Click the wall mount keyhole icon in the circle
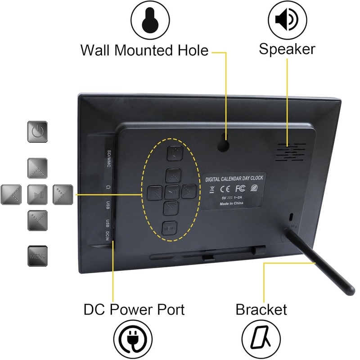pos(150,20)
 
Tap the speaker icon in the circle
pos(287,20)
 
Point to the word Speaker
pos(287,49)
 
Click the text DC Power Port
pos(134,310)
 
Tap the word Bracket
pos(261,310)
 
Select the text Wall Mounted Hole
pos(144,50)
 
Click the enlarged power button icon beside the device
pos(38,131)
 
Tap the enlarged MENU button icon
pos(38,256)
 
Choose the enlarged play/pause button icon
pos(38,194)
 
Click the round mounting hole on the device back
pos(224,144)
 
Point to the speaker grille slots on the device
pos(290,153)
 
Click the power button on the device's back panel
pos(174,153)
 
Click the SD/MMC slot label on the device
pos(108,159)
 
